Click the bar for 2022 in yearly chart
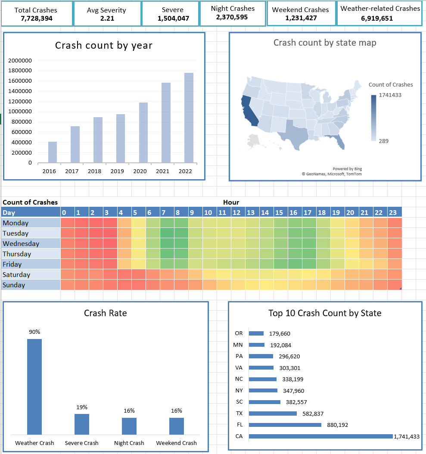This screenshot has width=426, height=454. [x=189, y=118]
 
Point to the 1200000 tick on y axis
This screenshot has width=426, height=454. [x=19, y=101]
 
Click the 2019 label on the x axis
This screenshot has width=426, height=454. [x=117, y=171]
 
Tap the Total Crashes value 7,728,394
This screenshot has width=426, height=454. [x=37, y=18]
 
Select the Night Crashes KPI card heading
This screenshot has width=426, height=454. [x=233, y=9]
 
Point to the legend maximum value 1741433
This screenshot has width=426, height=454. [x=390, y=95]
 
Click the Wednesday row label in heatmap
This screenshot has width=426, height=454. [x=21, y=243]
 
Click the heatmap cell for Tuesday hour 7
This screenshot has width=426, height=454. [x=167, y=233]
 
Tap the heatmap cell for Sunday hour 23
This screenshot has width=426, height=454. [x=394, y=285]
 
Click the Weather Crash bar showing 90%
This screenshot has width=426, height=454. [x=34, y=386]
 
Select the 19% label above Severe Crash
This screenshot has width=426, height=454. [x=82, y=407]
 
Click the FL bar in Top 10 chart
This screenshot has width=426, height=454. [x=285, y=425]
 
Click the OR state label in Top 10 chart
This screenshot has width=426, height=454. [x=239, y=333]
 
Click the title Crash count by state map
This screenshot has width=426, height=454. [x=325, y=43]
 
